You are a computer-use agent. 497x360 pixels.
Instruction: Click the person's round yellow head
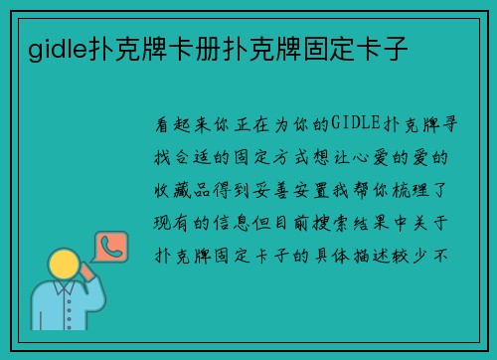[65, 266]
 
